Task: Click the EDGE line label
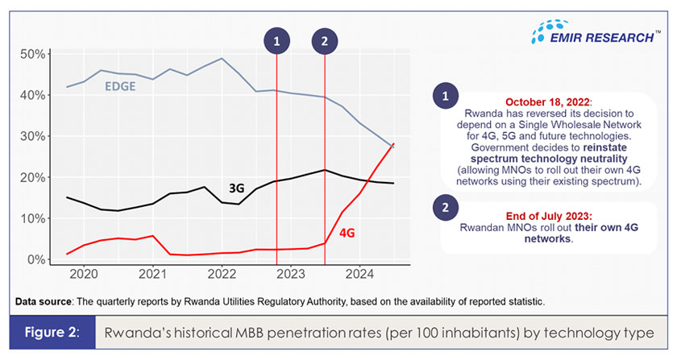coord(119,86)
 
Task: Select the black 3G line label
coord(236,188)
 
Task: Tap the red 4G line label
coord(347,233)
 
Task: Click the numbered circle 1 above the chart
coord(276,39)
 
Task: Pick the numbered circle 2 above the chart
coord(324,39)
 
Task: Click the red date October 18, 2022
coord(547,102)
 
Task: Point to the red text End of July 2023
coord(547,216)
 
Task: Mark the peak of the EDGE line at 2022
coord(222,58)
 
